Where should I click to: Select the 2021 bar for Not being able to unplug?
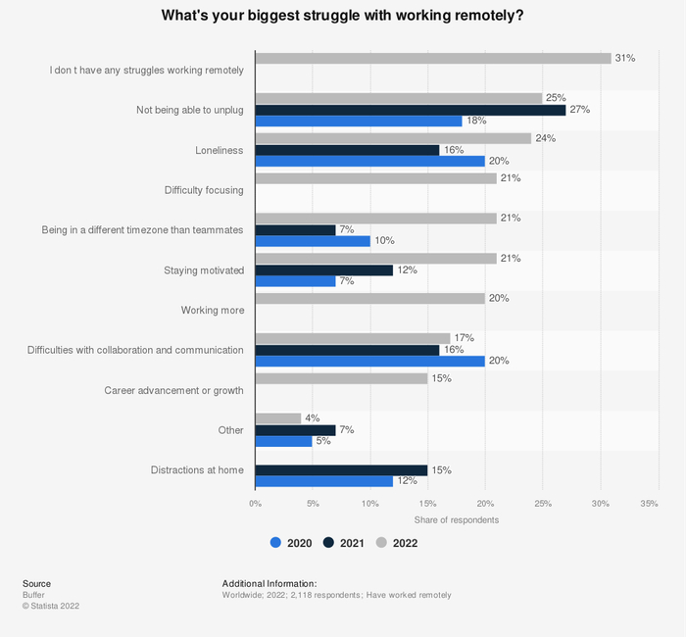point(410,110)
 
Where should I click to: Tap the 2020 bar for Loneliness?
point(369,161)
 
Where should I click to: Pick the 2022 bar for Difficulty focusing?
point(375,178)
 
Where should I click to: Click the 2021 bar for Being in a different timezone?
point(295,229)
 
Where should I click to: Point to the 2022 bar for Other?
point(277,418)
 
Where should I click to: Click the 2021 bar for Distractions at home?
point(341,469)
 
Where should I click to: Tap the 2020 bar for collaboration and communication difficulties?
point(369,361)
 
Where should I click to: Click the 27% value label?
point(579,110)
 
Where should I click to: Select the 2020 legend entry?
point(292,543)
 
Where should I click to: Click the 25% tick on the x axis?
point(542,504)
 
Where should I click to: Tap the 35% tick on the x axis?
point(649,504)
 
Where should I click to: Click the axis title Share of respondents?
point(456,519)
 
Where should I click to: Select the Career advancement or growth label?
point(173,390)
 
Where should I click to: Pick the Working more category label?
point(212,310)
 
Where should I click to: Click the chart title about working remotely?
point(343,15)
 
